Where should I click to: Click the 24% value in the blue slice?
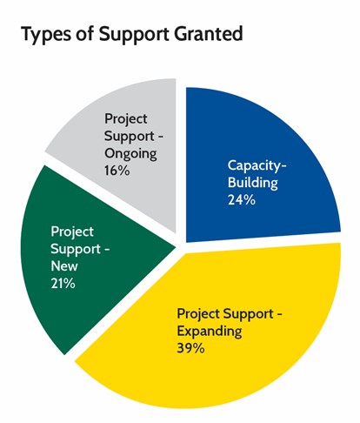(x=242, y=200)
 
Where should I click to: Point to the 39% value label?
(x=190, y=348)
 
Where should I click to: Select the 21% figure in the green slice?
(x=63, y=284)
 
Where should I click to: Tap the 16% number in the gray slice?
(x=117, y=171)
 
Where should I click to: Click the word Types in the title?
(x=46, y=34)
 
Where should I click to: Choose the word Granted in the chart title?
(x=208, y=33)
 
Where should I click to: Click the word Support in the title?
(x=135, y=35)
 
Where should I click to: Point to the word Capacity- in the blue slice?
(x=257, y=166)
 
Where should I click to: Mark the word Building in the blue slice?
(x=253, y=184)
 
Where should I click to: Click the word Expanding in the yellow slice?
(x=210, y=332)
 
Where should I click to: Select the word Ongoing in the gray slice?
(x=130, y=154)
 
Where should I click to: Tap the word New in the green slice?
(x=64, y=266)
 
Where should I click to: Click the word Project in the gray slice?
(x=126, y=119)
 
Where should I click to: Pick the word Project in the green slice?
(x=72, y=232)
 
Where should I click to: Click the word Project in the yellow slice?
(x=198, y=314)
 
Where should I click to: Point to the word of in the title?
(x=84, y=33)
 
